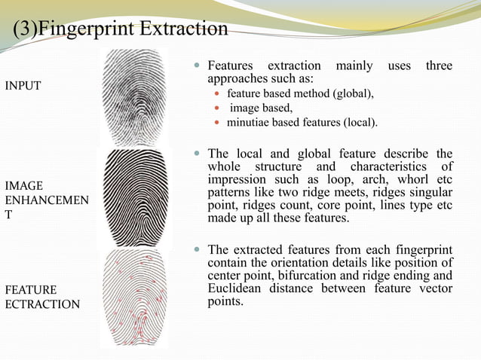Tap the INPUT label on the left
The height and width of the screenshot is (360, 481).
point(23,85)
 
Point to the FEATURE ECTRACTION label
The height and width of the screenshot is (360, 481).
point(41,297)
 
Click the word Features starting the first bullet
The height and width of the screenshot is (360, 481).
point(232,66)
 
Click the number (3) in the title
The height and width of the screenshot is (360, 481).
point(23,29)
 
